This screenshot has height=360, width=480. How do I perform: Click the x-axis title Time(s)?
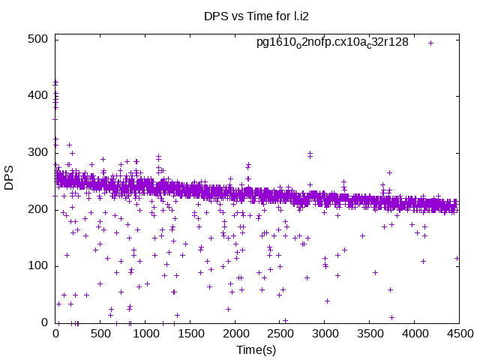257,349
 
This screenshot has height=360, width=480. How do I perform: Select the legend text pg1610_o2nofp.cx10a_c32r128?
332,42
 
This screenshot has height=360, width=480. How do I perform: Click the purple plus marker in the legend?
430,43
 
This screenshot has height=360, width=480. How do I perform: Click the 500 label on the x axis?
100,334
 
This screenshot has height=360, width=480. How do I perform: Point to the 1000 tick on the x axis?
145,334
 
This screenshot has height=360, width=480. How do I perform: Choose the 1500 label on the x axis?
190,334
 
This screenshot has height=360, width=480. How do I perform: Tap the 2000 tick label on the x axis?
235,334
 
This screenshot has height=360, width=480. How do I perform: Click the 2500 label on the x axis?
280,334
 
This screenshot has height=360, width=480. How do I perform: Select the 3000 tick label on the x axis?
324,334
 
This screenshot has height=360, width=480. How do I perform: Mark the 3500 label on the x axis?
369,334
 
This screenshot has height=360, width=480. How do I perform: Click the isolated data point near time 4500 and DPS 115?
457,258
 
